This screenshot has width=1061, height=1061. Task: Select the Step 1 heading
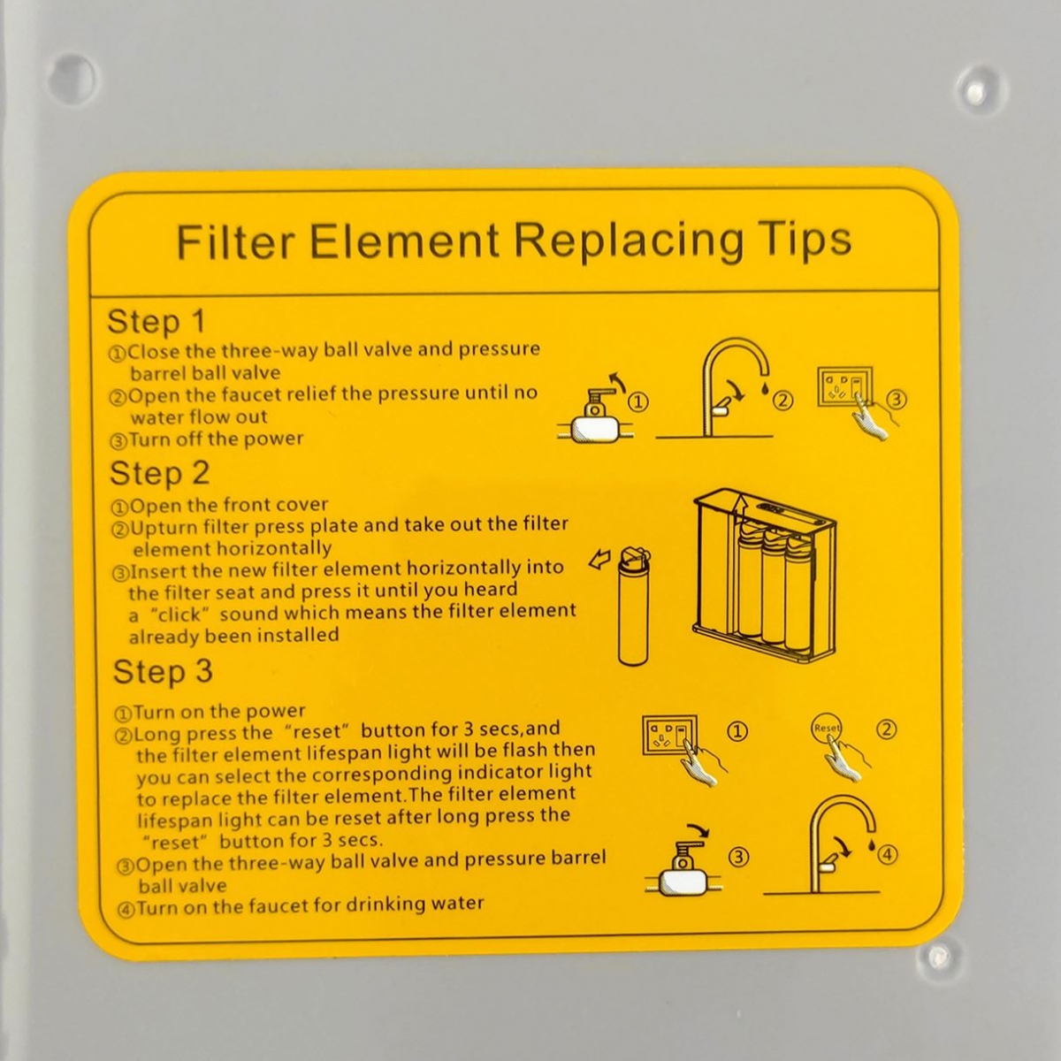pos(156,321)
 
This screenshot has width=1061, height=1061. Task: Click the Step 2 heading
pos(160,474)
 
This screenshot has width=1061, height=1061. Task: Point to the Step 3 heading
pos(163,672)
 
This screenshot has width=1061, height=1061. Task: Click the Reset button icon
pos(827,728)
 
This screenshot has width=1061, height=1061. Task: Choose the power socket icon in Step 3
pos(669,735)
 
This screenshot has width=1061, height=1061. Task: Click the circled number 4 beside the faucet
pos(888,855)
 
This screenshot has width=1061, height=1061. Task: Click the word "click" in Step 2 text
pos(179,614)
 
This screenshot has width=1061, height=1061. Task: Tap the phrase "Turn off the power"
pos(216,439)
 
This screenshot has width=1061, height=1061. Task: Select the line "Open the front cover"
pos(229,505)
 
